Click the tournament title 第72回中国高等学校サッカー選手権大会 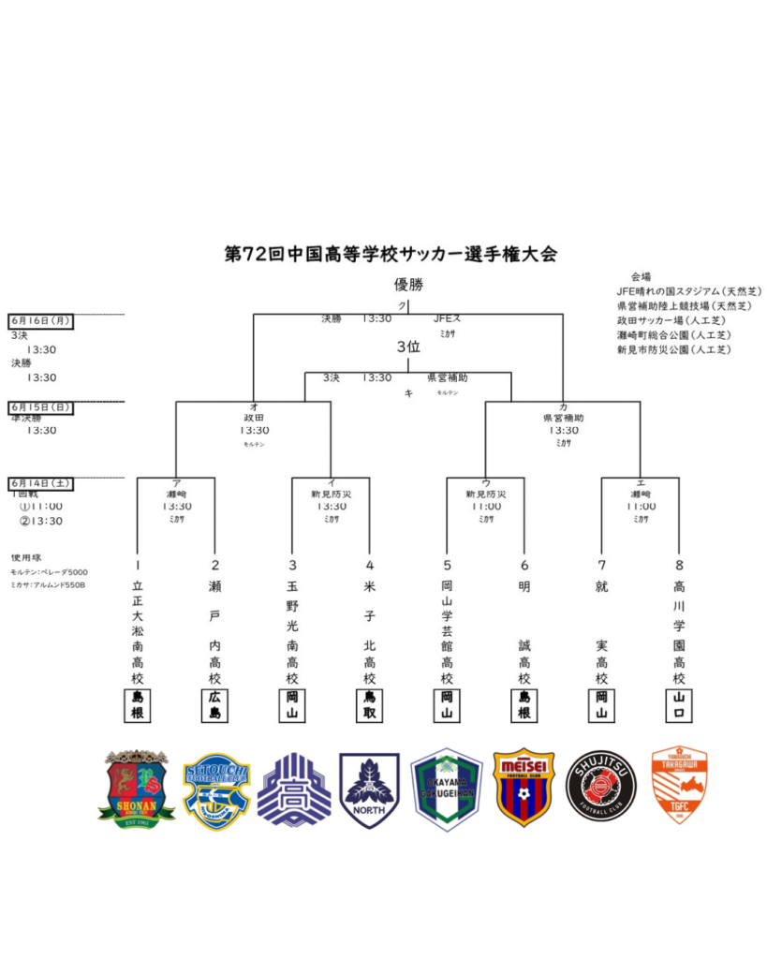tap(391, 254)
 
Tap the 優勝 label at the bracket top tap(408, 285)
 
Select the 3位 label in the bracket tap(407, 347)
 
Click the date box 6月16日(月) tap(40, 321)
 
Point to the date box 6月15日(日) tap(40, 407)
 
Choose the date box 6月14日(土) tap(40, 484)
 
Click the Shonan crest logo tap(137, 789)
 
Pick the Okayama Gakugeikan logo tap(447, 789)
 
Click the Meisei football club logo tap(524, 787)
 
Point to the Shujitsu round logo tap(601, 787)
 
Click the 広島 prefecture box tap(215, 705)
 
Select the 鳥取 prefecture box tap(370, 705)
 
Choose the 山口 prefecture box tap(678, 705)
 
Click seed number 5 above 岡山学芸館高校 tap(447, 565)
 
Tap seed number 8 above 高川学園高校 tap(678, 565)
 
